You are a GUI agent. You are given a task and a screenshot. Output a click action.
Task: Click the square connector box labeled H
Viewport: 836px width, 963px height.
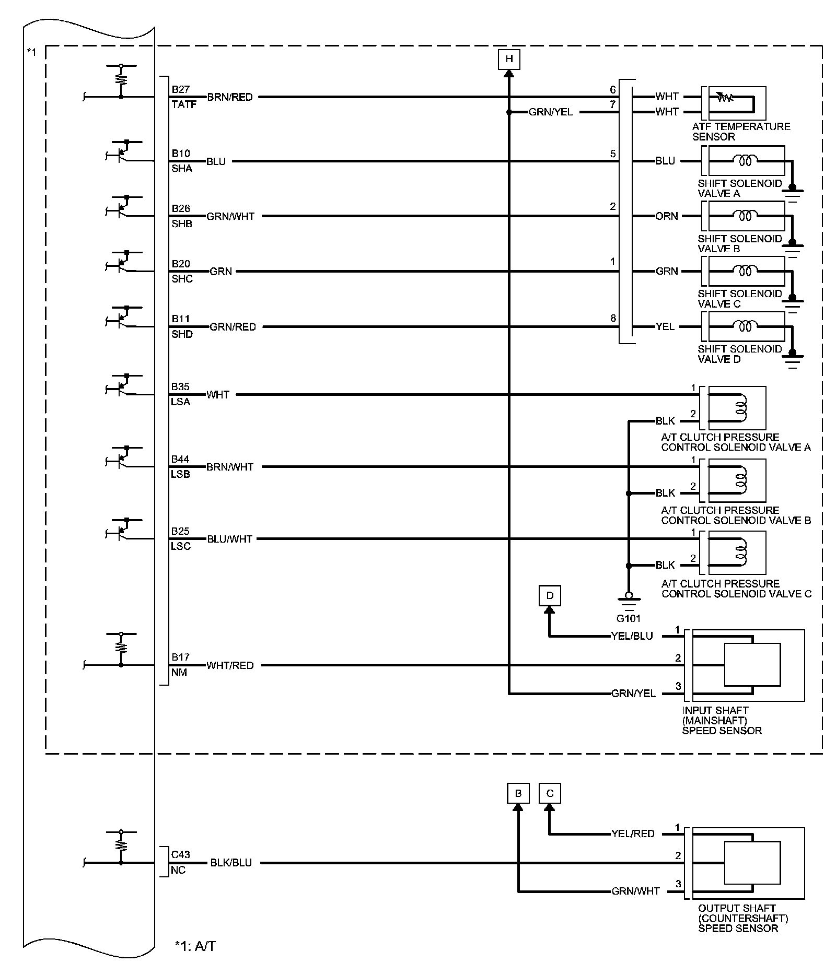(509, 59)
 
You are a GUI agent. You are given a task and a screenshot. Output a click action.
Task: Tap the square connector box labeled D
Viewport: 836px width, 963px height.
(549, 595)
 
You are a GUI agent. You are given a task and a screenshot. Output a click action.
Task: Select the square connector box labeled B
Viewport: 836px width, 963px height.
(518, 793)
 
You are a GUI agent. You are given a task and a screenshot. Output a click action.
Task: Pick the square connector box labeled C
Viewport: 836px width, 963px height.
(549, 793)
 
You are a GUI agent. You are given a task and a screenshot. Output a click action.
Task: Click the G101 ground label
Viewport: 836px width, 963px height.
(628, 618)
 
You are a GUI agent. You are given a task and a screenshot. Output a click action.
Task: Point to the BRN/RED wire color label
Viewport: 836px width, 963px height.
(230, 97)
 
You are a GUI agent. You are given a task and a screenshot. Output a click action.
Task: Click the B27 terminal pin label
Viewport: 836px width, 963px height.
(181, 89)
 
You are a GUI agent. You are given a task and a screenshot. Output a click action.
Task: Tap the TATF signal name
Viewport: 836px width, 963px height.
(184, 104)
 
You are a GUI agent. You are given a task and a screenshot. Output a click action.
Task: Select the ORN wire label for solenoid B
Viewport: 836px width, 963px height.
(667, 216)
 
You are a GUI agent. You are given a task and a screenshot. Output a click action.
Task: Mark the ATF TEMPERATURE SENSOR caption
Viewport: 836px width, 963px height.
(741, 132)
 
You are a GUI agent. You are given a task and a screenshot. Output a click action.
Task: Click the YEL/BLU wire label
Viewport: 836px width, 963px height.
(632, 636)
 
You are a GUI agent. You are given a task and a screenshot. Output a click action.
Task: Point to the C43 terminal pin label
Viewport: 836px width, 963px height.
(181, 854)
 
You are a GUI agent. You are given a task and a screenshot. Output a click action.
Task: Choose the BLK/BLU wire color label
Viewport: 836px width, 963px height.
(231, 863)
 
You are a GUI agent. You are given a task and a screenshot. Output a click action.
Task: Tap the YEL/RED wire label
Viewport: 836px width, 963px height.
(633, 833)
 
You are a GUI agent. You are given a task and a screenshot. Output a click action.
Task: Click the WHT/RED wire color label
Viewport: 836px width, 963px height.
(230, 665)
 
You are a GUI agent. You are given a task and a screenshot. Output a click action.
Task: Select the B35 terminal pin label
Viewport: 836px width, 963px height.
(181, 387)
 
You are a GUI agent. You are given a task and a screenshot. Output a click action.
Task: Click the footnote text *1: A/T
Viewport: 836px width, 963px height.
(195, 946)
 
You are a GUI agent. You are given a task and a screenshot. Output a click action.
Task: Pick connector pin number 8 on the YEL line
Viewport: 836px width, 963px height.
(613, 318)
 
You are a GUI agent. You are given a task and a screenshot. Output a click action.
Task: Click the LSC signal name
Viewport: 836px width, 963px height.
(181, 546)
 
